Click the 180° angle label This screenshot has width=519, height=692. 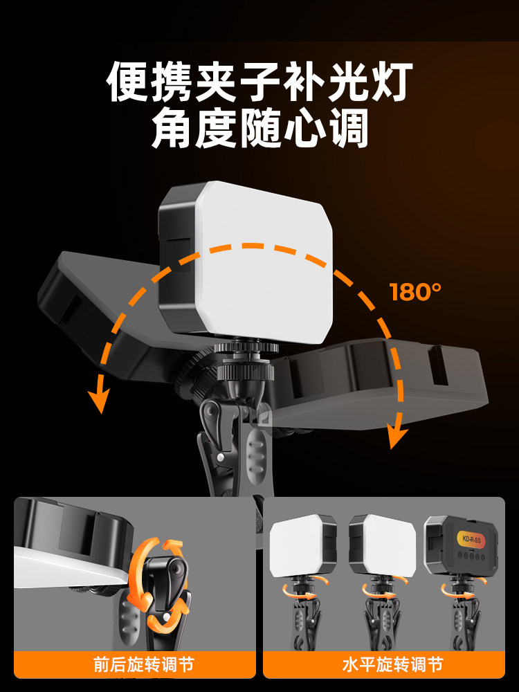click(x=415, y=292)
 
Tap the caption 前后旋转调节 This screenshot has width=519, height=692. click(x=144, y=664)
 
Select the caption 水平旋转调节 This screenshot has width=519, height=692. click(x=393, y=664)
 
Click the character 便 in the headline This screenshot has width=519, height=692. click(x=127, y=81)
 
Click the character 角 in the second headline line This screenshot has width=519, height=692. click(x=172, y=128)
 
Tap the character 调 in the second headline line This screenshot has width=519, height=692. click(x=348, y=128)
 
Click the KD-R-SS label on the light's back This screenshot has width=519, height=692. click(x=471, y=539)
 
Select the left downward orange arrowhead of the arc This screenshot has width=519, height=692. click(x=99, y=399)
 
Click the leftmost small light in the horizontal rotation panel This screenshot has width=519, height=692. click(x=303, y=545)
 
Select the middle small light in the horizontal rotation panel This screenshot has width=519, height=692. click(x=382, y=545)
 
